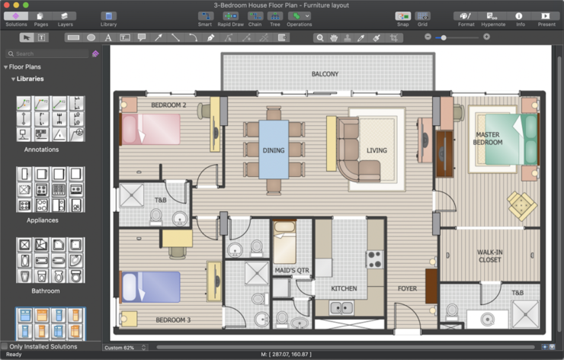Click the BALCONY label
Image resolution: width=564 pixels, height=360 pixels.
[325, 74]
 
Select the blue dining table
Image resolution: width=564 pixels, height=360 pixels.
[274, 149]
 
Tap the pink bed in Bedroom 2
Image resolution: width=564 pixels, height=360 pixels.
[151, 128]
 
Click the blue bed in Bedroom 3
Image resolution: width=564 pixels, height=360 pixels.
[151, 287]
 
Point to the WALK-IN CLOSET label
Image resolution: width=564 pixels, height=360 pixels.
[490, 256]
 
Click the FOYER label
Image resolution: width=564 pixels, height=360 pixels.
[407, 288]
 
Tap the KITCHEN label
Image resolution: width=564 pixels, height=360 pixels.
[344, 288]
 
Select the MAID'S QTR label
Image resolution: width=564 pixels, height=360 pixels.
[292, 270]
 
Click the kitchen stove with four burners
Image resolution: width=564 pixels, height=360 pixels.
[374, 259]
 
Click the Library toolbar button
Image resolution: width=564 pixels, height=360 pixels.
[109, 18]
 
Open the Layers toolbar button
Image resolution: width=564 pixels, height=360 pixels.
[66, 18]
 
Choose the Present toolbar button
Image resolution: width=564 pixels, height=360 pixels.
[546, 18]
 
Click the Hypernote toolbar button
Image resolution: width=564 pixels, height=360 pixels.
[493, 18]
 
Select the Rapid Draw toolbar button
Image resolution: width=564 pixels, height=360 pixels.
[229, 18]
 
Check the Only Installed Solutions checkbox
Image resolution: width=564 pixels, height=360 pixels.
[5, 347]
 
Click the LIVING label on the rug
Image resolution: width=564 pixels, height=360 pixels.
[377, 150]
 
